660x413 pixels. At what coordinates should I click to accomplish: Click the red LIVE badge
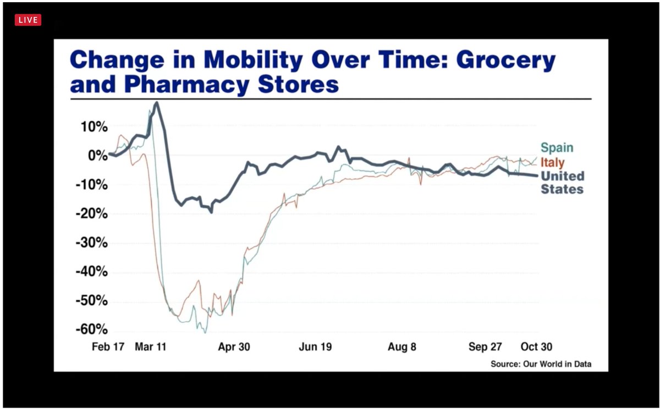28,20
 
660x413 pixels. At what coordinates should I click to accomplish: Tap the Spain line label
557,147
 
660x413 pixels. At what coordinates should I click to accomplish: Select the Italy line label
552,162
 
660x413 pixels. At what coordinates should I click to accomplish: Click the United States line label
563,183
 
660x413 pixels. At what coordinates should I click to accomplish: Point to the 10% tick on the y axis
94,127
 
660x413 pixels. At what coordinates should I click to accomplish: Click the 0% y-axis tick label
98,156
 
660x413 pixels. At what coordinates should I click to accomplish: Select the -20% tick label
92,213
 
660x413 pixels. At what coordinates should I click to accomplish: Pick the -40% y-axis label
92,271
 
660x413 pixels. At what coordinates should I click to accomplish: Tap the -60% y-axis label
92,329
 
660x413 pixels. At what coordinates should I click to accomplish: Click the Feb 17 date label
108,346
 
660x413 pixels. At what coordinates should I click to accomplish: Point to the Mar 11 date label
151,346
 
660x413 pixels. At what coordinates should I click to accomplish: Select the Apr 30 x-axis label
234,346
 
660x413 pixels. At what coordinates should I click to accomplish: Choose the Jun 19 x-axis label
315,346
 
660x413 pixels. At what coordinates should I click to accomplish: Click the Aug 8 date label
402,346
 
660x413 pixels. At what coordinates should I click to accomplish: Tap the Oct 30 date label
536,346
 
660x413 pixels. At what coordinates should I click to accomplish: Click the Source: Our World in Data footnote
541,364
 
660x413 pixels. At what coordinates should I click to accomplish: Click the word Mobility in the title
253,60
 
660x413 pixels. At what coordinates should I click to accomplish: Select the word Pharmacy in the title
187,85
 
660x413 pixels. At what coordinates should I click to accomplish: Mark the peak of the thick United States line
156,103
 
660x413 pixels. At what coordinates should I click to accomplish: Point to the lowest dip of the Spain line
205,333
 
